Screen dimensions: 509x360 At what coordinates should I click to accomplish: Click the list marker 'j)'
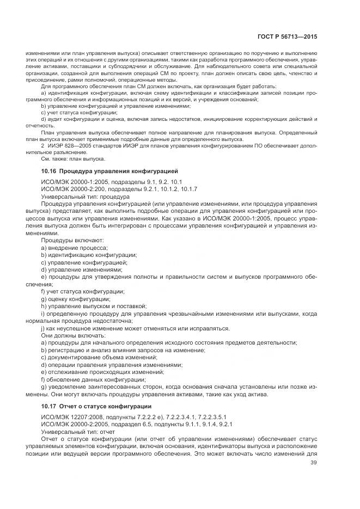coord(44,328)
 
